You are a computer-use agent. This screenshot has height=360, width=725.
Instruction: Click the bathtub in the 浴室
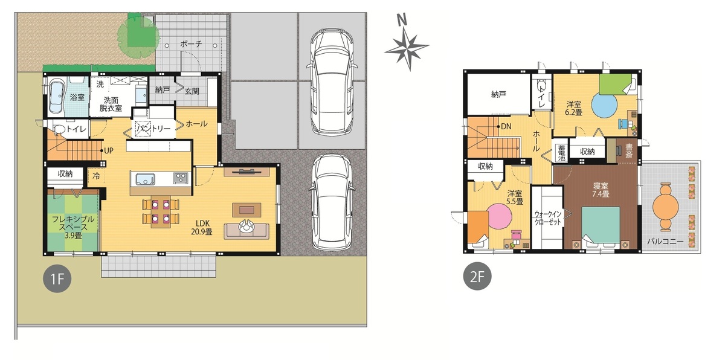(x=57, y=97)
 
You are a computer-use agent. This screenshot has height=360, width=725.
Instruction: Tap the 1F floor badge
(x=57, y=278)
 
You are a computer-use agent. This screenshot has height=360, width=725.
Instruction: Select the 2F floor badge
(x=477, y=276)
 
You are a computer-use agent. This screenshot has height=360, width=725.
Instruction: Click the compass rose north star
(x=407, y=48)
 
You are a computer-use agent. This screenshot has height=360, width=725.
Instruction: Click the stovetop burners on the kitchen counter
(x=181, y=178)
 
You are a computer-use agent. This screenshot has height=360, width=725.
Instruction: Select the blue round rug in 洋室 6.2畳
(x=604, y=106)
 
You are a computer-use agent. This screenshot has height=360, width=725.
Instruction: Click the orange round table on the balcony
(x=665, y=207)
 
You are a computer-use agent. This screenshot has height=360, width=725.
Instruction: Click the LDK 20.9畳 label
(x=202, y=227)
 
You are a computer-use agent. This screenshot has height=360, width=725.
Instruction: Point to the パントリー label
(x=153, y=129)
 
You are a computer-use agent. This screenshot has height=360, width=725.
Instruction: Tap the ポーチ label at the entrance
(x=191, y=43)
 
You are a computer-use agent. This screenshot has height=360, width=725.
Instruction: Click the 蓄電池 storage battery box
(x=561, y=152)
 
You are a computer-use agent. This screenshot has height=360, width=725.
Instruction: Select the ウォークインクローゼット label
(x=547, y=218)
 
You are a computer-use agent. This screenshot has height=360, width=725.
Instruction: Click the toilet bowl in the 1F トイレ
(x=59, y=130)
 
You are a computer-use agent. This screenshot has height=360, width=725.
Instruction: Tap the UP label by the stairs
(x=109, y=151)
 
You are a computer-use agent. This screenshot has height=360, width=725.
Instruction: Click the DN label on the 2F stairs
(x=506, y=126)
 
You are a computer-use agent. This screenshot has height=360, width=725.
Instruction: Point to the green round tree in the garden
(x=138, y=36)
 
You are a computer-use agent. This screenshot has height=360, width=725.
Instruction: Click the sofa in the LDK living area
(x=246, y=231)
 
